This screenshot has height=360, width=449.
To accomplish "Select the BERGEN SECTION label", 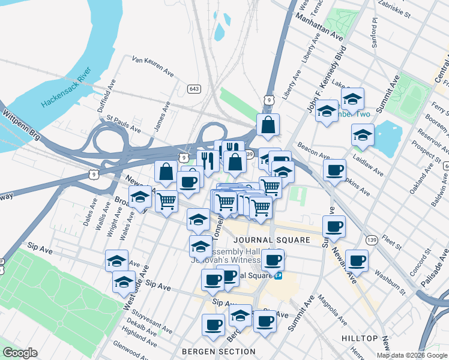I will tap(218, 352).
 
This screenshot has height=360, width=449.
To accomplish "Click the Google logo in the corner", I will tap(20, 353).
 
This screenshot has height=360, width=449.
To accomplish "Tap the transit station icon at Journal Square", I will tap(278, 276).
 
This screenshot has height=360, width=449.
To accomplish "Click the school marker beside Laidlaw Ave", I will tap(363, 135).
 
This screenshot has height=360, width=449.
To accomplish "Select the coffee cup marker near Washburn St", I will tap(357, 260).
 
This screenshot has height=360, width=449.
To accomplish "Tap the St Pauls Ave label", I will tap(124, 125).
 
